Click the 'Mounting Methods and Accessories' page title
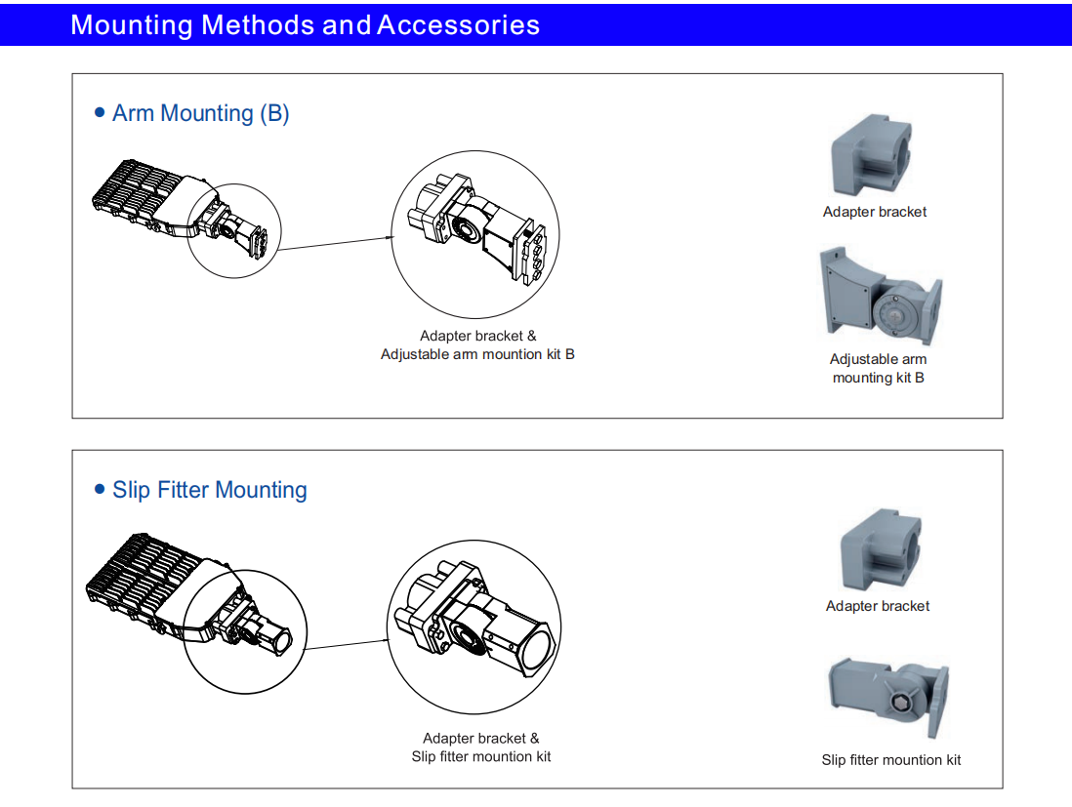(305, 25)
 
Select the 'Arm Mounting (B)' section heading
(201, 113)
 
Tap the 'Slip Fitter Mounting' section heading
(210, 490)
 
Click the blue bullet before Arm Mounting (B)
(100, 112)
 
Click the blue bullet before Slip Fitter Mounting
(100, 489)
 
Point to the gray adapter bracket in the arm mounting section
(871, 156)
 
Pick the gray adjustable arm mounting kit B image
(881, 296)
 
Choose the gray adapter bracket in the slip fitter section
(881, 549)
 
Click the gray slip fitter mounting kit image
(889, 697)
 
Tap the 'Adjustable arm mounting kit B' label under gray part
(879, 368)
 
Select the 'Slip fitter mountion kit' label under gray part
(890, 760)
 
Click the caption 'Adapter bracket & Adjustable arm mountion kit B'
(477, 345)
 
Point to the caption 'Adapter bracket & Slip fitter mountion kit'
(480, 747)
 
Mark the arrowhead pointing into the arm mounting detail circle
(392, 237)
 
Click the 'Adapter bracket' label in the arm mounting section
(875, 212)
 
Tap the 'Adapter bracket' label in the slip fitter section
(877, 606)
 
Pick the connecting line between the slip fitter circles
(346, 644)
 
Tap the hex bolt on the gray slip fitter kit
(900, 703)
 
